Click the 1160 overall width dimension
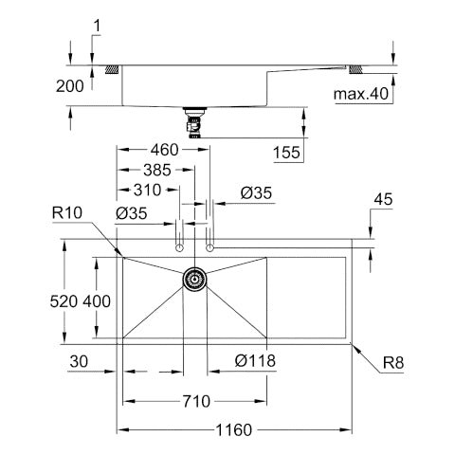click(233, 430)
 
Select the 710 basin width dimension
click(196, 402)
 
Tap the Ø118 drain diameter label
click(255, 360)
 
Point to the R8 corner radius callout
click(393, 363)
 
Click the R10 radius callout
click(67, 213)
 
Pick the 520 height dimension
click(64, 301)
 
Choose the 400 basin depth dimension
click(97, 301)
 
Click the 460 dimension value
click(165, 150)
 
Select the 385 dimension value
click(157, 170)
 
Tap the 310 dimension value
click(147, 191)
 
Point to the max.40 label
click(361, 94)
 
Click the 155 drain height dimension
click(286, 153)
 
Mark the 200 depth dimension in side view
click(70, 86)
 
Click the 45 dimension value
click(383, 199)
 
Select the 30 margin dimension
click(79, 361)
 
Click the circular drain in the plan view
click(194, 279)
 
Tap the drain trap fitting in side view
click(194, 122)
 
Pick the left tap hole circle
click(179, 248)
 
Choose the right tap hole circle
click(209, 248)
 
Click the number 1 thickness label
click(98, 26)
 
